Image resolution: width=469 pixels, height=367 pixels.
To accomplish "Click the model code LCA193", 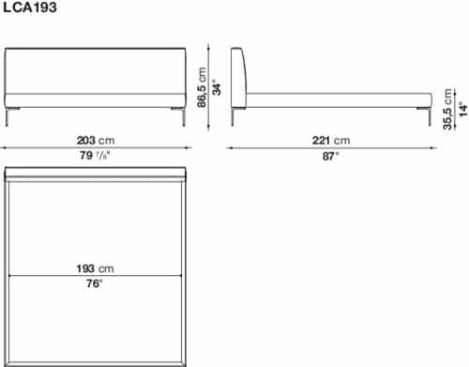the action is [30, 8].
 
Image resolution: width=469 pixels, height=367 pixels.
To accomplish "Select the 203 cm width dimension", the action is [96, 140].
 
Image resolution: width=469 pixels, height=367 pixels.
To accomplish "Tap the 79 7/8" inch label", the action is [95, 155].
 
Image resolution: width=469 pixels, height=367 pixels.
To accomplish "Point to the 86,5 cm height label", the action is [202, 87].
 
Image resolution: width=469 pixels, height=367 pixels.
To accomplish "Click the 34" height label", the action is [217, 88].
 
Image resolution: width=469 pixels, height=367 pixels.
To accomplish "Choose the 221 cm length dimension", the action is [331, 140].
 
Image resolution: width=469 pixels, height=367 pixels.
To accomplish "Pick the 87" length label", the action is [330, 156].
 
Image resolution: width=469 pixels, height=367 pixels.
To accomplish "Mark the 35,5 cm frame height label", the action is [447, 109].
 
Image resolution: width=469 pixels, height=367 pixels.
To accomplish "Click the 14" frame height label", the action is [463, 109].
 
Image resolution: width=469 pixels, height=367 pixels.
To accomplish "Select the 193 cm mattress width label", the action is [95, 268].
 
